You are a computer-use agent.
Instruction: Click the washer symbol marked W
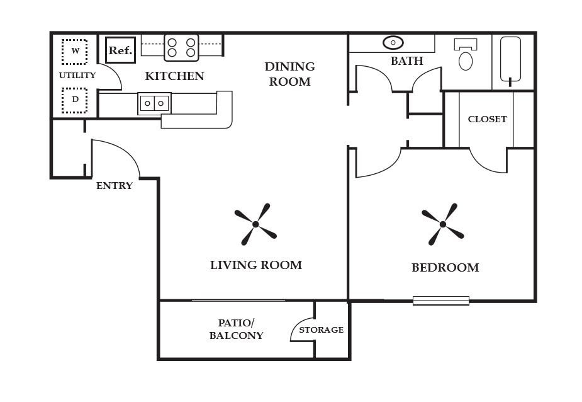point(75,51)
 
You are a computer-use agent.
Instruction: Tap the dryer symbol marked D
point(75,100)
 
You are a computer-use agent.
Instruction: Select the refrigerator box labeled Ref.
point(120,50)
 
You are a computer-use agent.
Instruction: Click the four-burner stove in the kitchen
point(181,47)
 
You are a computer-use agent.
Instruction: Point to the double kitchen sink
point(154,103)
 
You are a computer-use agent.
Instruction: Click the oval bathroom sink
point(393,43)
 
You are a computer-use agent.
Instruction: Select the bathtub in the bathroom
point(510,59)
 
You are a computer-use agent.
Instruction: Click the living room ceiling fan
point(255,224)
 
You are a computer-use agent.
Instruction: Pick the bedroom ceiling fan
point(443,224)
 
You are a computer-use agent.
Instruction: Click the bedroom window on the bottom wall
point(441,301)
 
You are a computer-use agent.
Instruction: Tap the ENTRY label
point(115,186)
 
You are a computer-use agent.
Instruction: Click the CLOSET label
point(487,119)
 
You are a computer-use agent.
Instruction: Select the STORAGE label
point(321,330)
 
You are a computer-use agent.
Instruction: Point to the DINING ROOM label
point(289,74)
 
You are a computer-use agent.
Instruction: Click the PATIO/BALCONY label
point(236,329)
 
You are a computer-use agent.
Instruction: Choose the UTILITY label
point(77,76)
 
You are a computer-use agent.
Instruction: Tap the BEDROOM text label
point(445,268)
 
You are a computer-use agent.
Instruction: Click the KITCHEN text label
point(174,76)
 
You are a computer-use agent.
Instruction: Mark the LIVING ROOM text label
point(255,265)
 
